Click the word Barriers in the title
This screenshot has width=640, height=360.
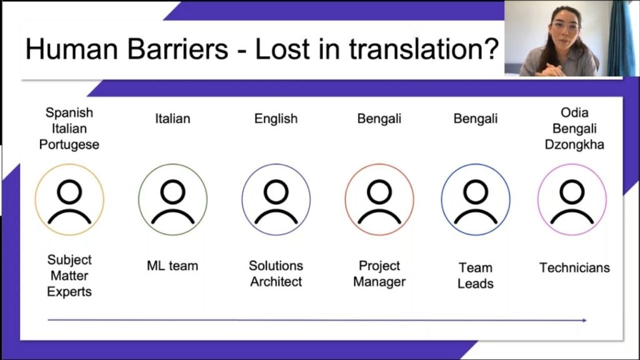[178, 49]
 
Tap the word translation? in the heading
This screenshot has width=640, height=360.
[424, 49]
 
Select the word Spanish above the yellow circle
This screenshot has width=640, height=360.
[69, 112]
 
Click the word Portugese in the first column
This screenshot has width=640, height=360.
[69, 145]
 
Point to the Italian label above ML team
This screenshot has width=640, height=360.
[172, 119]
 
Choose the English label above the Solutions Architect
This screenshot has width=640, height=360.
[276, 119]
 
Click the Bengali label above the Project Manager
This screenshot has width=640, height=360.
[379, 119]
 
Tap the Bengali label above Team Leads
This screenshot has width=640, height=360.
[476, 119]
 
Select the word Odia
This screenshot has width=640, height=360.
[574, 112]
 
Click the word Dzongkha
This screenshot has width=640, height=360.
[574, 145]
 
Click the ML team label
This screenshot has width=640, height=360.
[172, 266]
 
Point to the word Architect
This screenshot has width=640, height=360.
[276, 282]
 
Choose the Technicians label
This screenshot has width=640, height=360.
[575, 267]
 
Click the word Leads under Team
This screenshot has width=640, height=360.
[476, 284]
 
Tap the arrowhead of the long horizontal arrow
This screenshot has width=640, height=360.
[584, 321]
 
